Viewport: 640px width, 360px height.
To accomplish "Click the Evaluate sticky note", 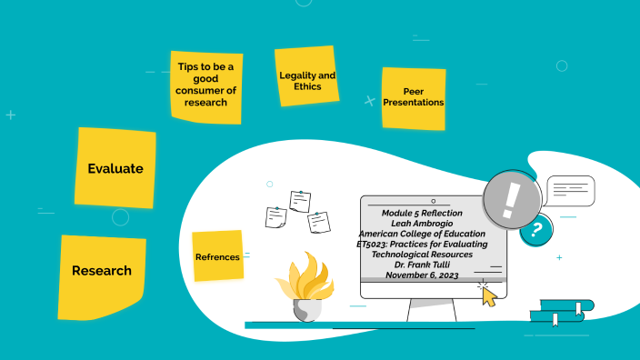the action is point(115,168).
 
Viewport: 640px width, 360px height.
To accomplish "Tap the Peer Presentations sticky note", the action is point(414,99).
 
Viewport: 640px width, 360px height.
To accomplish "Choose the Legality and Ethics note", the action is point(307,76).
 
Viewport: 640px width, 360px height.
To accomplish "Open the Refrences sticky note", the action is point(217,256).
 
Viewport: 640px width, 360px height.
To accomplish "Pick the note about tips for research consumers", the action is point(206,87).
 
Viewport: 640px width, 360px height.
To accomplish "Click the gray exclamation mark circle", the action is point(512,200).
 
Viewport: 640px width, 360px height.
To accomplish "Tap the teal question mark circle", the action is point(537,231).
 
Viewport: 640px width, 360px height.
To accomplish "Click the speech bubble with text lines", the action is point(571,191).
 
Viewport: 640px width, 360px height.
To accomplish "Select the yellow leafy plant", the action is point(305,276).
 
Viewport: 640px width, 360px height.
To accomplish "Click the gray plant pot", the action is point(307,310).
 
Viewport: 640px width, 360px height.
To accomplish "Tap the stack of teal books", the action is point(562,312).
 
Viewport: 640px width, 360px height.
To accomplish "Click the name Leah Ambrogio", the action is point(422,224).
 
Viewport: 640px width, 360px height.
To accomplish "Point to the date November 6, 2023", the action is point(422,275).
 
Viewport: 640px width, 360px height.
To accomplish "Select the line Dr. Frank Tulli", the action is point(422,265).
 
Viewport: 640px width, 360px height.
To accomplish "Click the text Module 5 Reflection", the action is point(422,213).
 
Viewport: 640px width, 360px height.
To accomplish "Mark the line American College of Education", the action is point(422,234).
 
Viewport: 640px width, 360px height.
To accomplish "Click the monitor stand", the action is point(432,310).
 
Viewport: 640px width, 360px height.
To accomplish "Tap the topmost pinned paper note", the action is point(300,201).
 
